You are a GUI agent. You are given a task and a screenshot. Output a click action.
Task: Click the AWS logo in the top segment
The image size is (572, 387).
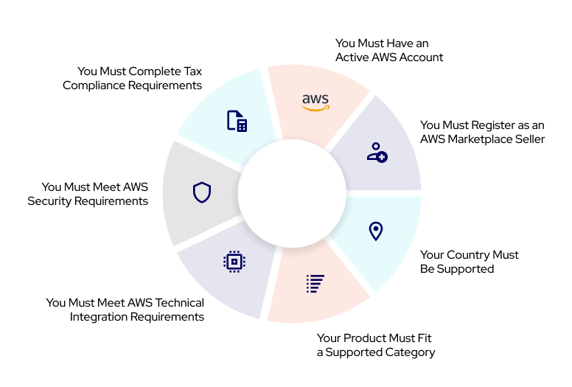tap(315, 102)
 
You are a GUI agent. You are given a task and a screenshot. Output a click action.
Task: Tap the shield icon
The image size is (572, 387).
tap(202, 192)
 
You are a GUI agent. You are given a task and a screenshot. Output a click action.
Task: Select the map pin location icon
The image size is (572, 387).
tap(376, 231)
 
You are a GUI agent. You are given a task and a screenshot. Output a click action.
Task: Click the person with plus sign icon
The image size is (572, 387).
tap(377, 152)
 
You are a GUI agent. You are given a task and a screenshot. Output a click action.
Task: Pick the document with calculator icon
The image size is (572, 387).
tap(237, 121)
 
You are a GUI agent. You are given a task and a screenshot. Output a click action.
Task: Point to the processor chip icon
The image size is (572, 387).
tap(234, 261)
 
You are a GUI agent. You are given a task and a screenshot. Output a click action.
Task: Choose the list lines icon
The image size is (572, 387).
tap(315, 283)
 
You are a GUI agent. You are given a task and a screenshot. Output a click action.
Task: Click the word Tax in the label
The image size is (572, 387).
tap(191, 72)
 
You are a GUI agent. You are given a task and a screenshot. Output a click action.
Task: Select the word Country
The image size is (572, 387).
tap(470, 255)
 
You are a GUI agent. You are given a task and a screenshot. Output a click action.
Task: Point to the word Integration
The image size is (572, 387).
tap(100, 317)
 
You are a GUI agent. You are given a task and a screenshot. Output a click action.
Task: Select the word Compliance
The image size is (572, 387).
tap(92, 86)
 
